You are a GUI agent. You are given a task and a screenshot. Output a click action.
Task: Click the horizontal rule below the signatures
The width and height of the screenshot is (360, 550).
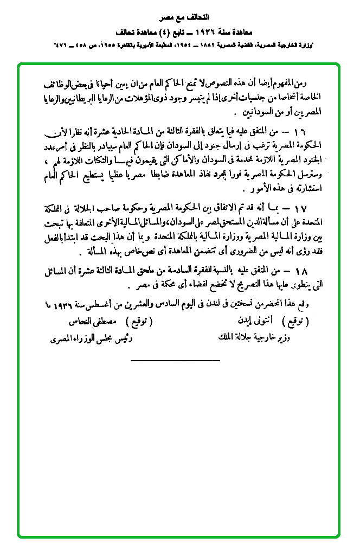[x=176, y=360]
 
